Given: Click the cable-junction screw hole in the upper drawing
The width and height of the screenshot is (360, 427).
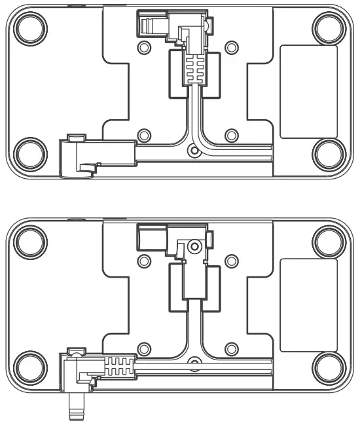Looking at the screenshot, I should point(192,151).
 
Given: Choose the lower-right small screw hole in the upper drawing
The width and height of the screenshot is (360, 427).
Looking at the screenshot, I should point(230,136).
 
